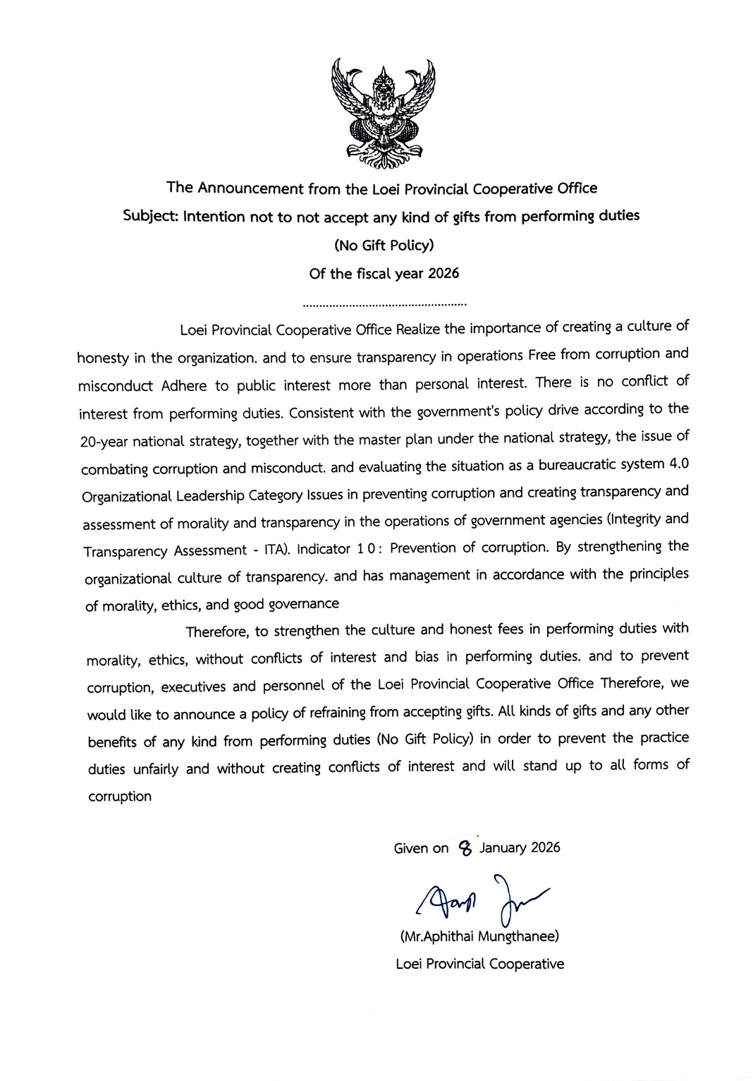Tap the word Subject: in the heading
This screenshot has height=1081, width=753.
[149, 217]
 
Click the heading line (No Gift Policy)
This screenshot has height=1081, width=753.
[383, 246]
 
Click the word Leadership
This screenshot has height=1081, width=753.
[211, 496]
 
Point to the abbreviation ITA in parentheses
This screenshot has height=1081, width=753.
[270, 550]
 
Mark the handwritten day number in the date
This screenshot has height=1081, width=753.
[464, 847]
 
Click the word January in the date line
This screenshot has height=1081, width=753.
[503, 847]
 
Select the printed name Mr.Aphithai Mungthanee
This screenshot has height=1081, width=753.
[479, 937]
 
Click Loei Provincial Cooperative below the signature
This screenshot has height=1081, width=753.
[479, 964]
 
